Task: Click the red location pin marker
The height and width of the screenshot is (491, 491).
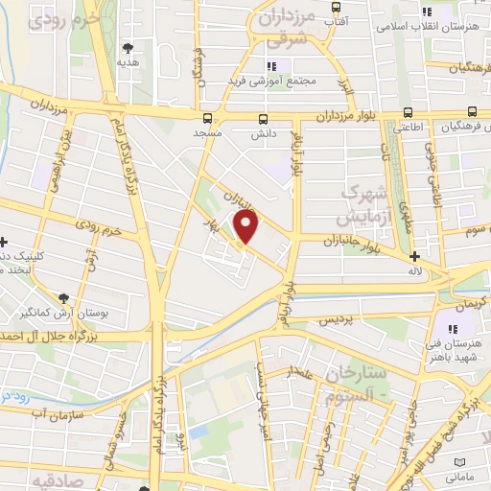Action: (247, 227)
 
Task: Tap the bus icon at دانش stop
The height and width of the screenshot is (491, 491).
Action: (263, 119)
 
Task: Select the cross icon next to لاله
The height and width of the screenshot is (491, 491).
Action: (414, 256)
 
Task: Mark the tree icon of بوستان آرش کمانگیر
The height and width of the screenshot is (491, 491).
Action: (63, 298)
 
